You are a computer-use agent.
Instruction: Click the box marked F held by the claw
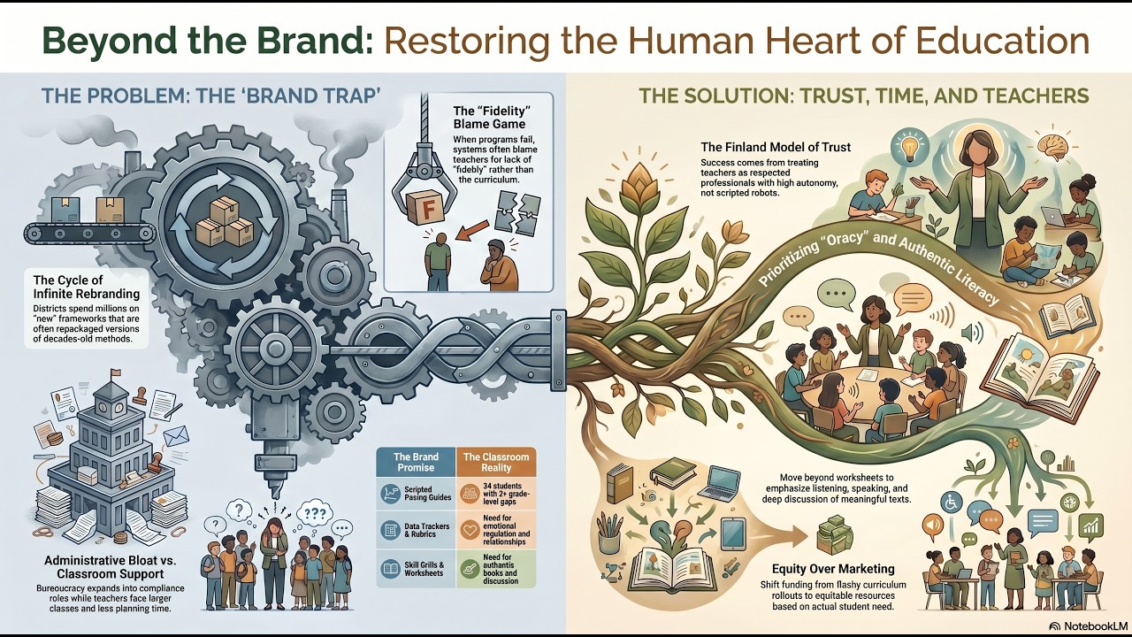(x=425, y=207)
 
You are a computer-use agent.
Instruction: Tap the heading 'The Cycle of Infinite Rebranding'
(x=87, y=287)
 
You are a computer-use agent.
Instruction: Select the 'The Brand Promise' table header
(x=416, y=462)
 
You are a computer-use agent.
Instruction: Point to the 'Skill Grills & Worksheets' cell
(x=416, y=569)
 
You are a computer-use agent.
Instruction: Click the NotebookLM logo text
(x=1090, y=625)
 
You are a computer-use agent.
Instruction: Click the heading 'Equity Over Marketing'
(x=833, y=569)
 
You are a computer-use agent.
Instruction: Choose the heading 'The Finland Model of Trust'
(x=776, y=147)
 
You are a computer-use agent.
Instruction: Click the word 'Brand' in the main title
(x=313, y=41)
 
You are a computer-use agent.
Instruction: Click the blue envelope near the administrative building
(x=176, y=436)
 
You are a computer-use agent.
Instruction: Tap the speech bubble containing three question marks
(x=315, y=514)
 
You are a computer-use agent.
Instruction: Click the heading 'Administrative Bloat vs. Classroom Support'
(x=111, y=567)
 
